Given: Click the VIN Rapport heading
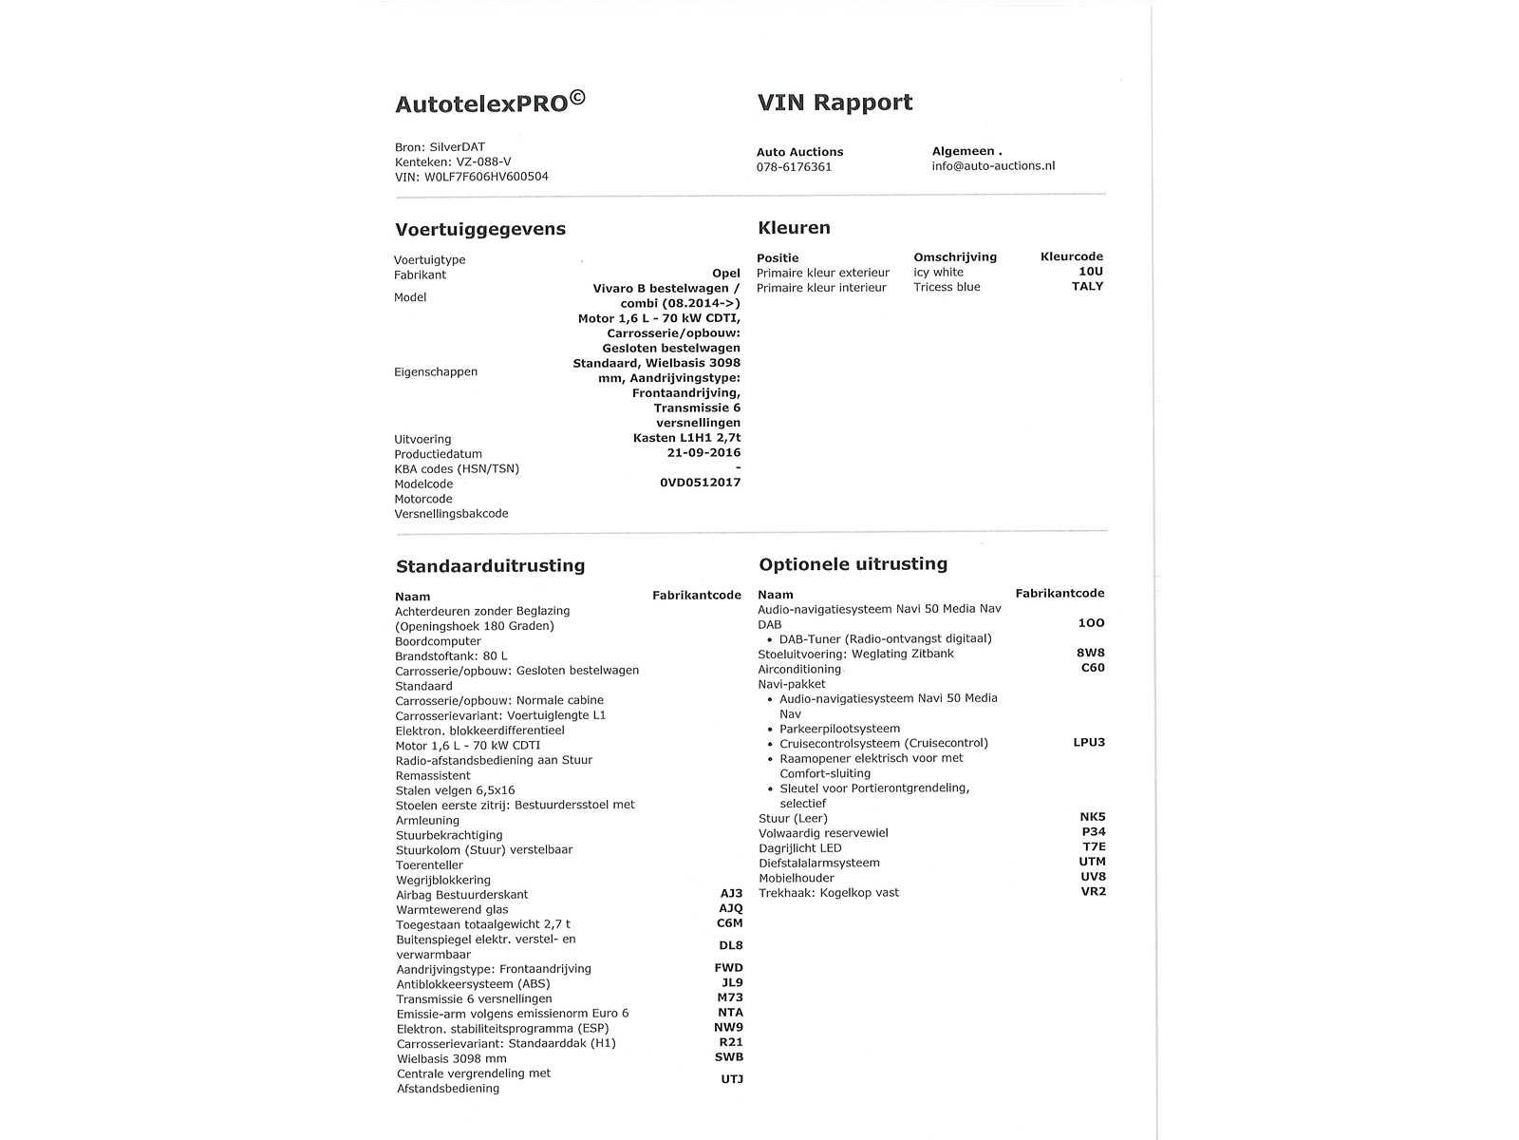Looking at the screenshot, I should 835,103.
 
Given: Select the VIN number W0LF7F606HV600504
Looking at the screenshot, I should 486,177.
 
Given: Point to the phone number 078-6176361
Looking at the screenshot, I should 794,167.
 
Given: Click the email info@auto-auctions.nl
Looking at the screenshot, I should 993,166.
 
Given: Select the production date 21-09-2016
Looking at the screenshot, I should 703,453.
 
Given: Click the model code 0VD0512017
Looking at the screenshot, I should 700,483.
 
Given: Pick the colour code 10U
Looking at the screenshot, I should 1091,272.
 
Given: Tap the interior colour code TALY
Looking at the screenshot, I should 1087,287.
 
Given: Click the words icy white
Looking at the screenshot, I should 938,273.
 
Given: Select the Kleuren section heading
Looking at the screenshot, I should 794,228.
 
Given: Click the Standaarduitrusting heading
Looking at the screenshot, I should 490,566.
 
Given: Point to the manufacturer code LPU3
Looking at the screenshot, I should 1089,743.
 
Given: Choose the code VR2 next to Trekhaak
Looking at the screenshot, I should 1093,892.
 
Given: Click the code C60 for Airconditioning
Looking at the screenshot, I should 1093,668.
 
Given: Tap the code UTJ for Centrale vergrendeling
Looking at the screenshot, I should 731,1080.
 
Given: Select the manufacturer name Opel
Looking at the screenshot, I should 725,274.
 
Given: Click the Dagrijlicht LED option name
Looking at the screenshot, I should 799,848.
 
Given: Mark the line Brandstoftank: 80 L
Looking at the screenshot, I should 451,656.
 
